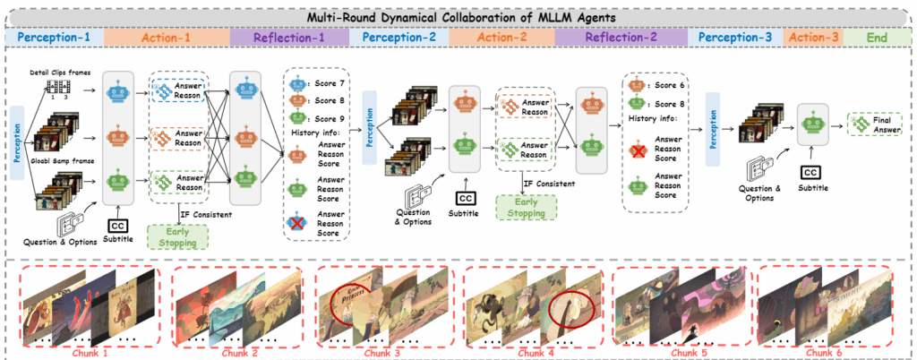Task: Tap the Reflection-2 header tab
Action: point(619,37)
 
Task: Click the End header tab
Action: point(877,37)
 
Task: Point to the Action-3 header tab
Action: point(811,37)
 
